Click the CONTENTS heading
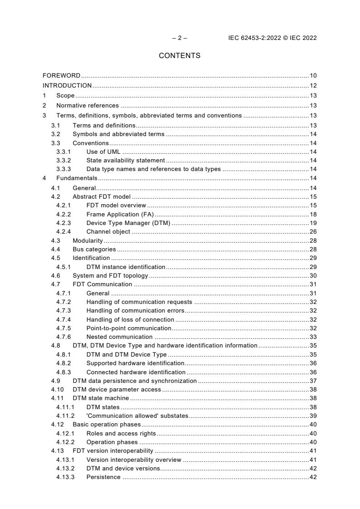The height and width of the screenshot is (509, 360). [179, 56]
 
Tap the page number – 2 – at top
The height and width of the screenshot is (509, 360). [179, 38]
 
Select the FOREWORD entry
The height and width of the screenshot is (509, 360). [61, 75]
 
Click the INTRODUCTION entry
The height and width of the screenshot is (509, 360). [67, 86]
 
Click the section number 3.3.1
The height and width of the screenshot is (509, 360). [64, 152]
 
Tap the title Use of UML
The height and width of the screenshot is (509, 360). [103, 152]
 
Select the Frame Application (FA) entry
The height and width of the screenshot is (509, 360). [120, 214]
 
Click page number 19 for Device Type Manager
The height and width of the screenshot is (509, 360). [313, 223]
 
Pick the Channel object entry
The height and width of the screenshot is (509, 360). [108, 232]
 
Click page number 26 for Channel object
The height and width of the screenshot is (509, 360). [313, 232]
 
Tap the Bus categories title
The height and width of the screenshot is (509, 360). [94, 249]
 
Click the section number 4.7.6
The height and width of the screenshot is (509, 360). [64, 337]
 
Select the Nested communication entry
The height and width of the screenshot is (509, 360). [119, 337]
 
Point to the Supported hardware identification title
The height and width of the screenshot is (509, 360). [135, 363]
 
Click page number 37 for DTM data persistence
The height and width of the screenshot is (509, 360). [313, 381]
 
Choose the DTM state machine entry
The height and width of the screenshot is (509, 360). [101, 398]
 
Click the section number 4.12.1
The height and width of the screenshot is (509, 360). [65, 433]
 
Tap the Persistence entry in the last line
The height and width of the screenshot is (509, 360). [104, 477]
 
